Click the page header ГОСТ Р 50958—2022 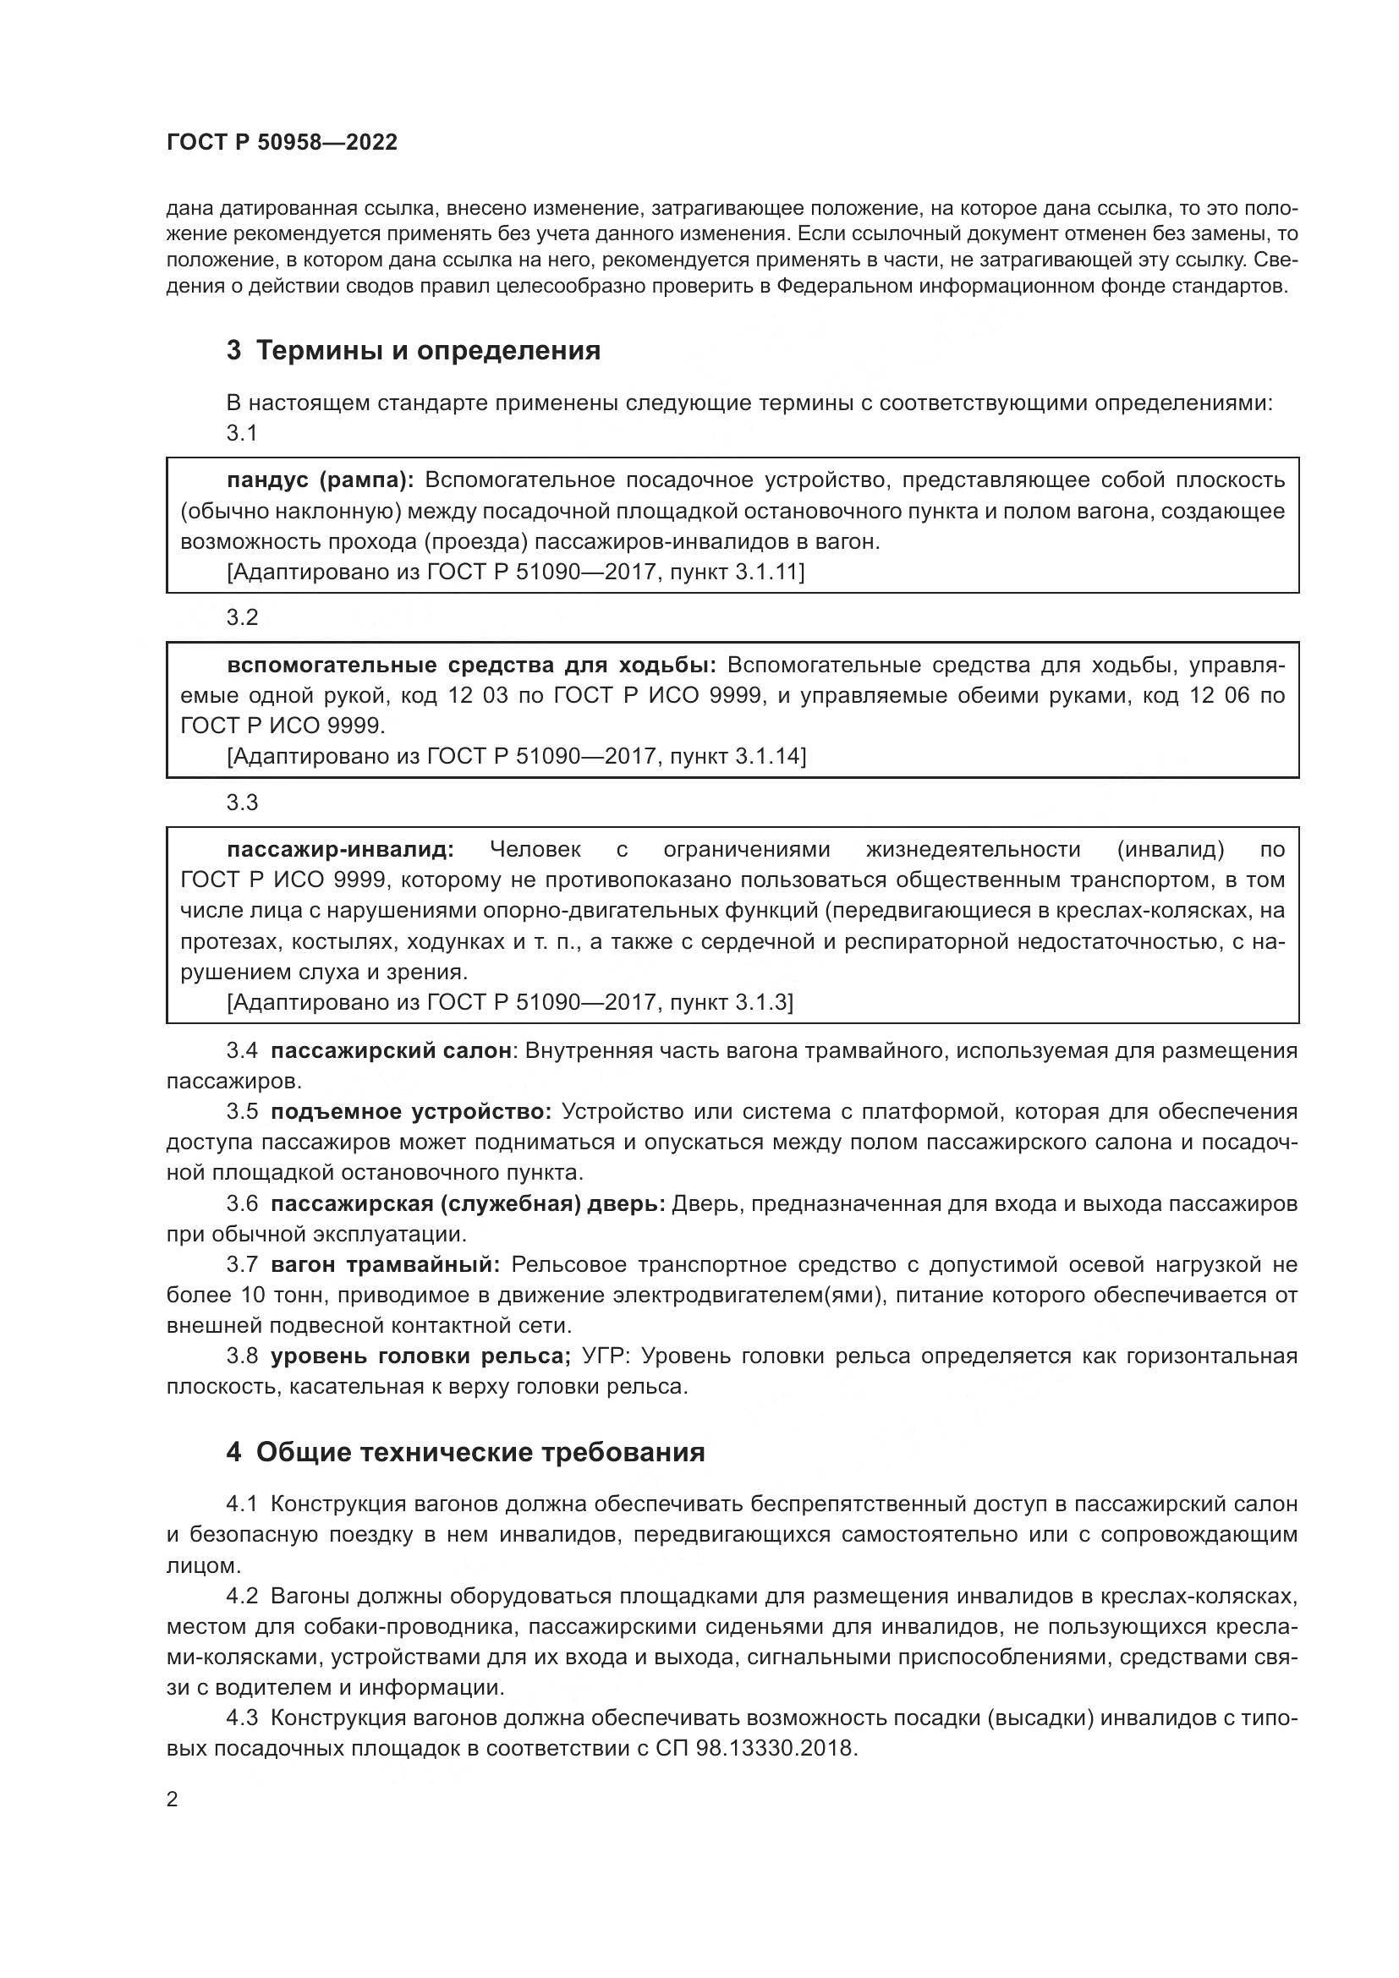282,142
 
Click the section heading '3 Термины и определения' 413,351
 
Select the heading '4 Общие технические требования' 465,1452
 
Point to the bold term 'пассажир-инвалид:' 340,849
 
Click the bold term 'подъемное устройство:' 411,1111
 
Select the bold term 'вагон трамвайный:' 385,1264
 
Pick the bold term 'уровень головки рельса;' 420,1356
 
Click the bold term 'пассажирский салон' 391,1050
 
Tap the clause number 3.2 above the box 242,616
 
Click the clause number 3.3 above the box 242,802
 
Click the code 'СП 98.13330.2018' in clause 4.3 755,1748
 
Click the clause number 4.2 242,1596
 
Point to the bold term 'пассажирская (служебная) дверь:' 468,1203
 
